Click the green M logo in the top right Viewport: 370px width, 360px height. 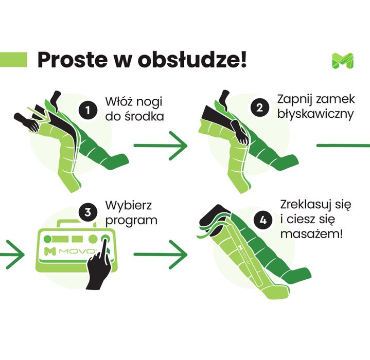342,61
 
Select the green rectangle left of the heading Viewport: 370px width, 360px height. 13,59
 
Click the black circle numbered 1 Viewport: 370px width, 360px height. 89,110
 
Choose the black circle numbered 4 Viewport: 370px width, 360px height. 264,221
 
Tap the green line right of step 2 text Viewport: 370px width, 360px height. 342,146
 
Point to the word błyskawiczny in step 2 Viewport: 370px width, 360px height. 315,114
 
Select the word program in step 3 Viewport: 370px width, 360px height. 131,221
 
